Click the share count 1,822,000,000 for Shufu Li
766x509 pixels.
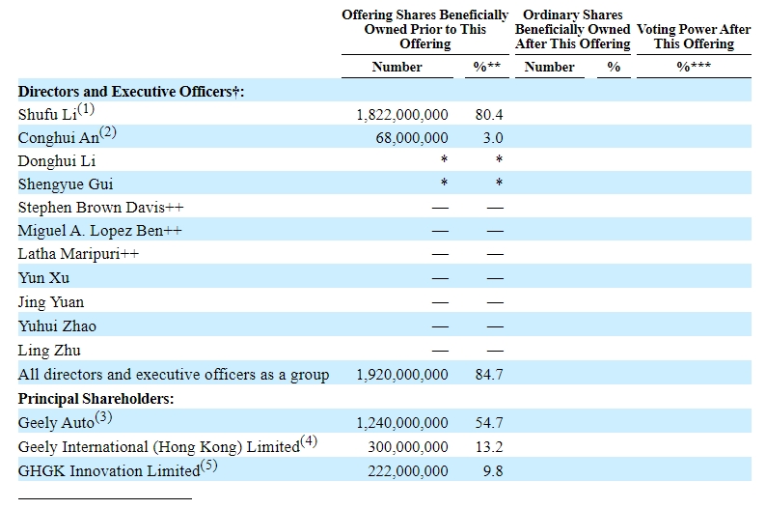(x=402, y=115)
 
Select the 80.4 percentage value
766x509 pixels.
(x=489, y=115)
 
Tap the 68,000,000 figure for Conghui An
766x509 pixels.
(x=412, y=138)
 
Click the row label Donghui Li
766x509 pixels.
(x=57, y=161)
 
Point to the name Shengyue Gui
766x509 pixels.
(x=66, y=184)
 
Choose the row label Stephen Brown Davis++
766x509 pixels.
(x=100, y=208)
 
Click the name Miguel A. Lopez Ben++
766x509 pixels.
(x=99, y=230)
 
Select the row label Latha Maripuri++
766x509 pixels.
(x=78, y=254)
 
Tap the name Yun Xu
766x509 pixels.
(x=43, y=278)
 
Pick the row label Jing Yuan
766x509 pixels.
(x=51, y=302)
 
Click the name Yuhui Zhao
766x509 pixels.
(x=57, y=326)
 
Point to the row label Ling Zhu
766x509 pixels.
(x=49, y=351)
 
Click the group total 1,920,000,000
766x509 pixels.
(x=402, y=375)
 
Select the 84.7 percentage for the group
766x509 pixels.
(x=489, y=375)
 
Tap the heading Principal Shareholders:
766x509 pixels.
(x=96, y=399)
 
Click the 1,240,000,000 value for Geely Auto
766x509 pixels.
(x=402, y=423)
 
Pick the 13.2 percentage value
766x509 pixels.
(x=489, y=447)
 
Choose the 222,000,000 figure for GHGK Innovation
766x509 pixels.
(x=408, y=471)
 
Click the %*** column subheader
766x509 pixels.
(x=694, y=66)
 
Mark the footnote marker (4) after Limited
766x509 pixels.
(x=309, y=441)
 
